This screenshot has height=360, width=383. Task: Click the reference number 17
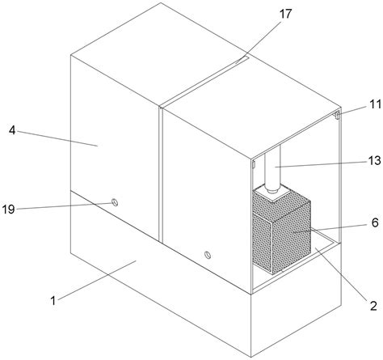click(x=285, y=14)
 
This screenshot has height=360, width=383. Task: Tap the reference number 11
click(x=375, y=104)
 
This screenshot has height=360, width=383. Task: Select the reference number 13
click(x=375, y=161)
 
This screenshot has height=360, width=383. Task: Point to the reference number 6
click(x=375, y=223)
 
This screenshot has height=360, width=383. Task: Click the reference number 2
click(x=373, y=306)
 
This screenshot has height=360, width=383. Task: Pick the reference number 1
click(x=53, y=301)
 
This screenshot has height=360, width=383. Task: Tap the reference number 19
click(x=8, y=210)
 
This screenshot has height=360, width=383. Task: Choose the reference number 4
click(x=12, y=130)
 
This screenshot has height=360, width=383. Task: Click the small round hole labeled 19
click(x=115, y=202)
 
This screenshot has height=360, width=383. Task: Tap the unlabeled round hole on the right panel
click(x=208, y=254)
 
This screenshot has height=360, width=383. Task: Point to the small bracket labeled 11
click(x=337, y=115)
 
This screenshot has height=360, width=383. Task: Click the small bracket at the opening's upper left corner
click(x=254, y=164)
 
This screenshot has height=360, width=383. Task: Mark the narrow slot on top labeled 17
click(x=204, y=82)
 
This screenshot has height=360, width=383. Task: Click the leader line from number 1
click(x=97, y=280)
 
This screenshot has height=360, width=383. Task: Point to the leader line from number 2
click(x=341, y=274)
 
